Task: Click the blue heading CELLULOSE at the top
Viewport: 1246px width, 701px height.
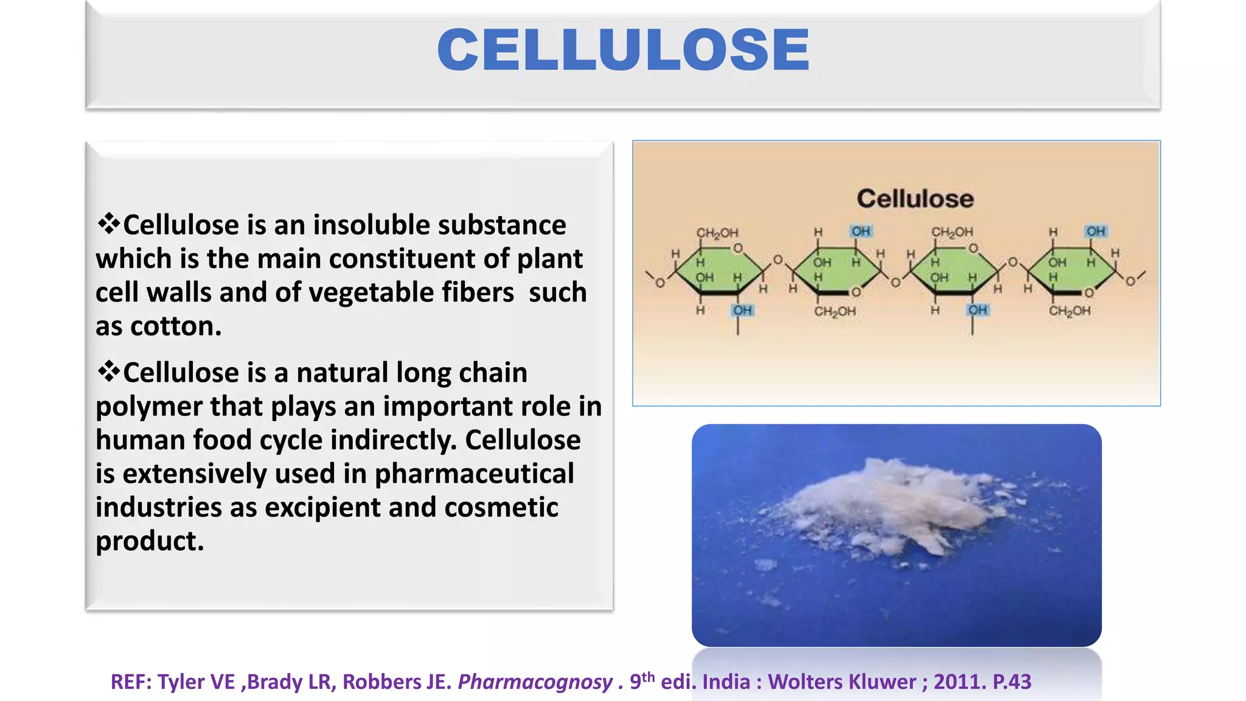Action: pos(623,50)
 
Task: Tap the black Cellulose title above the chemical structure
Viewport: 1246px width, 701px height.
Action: pos(915,199)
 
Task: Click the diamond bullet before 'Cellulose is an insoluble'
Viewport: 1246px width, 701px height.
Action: pos(109,224)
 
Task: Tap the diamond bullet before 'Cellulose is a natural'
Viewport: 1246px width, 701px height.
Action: pos(109,371)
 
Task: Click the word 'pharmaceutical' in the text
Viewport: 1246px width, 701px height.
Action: pos(474,474)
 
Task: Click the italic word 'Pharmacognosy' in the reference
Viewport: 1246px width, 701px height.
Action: pos(535,682)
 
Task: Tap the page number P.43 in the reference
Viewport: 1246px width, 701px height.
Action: pos(1012,682)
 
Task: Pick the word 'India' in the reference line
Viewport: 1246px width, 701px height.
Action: pos(726,682)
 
